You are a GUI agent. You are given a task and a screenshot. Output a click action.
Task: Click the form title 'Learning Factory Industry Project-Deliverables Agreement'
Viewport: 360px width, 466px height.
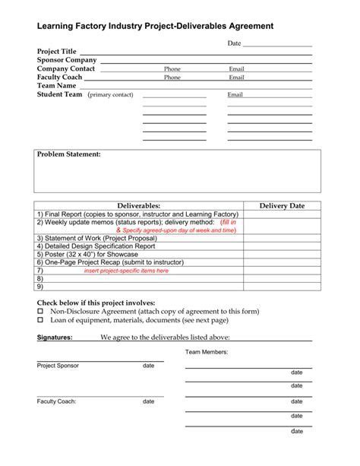tap(156, 25)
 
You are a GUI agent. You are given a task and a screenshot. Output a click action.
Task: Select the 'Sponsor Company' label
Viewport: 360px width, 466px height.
tap(67, 60)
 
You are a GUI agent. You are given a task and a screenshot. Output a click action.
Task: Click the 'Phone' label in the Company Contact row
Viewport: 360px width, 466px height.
tap(172, 69)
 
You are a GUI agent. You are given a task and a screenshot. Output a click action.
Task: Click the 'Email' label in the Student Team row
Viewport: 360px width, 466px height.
tap(235, 95)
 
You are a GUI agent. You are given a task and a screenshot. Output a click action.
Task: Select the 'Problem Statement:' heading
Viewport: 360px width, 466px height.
tap(69, 154)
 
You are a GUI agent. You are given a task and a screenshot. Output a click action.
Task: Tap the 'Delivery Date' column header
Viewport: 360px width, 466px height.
tap(282, 206)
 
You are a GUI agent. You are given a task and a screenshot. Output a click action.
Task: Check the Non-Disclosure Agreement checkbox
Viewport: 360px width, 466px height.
tap(41, 312)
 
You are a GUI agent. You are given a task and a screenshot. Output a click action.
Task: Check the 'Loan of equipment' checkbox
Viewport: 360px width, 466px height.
tap(41, 321)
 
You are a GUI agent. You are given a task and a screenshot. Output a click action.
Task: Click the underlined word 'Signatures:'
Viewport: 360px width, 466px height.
tap(55, 337)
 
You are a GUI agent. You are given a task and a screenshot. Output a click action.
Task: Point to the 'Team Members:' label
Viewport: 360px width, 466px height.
tap(207, 353)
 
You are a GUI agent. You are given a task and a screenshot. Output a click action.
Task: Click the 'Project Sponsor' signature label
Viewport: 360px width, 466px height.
tap(58, 366)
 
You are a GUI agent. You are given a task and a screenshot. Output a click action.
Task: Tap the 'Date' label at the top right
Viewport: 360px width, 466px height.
tap(235, 43)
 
